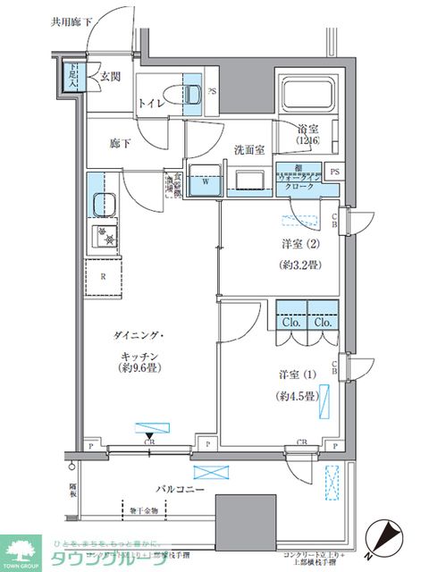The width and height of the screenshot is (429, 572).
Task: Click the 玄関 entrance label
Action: [111, 76]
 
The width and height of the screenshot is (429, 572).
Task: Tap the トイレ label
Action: [150, 102]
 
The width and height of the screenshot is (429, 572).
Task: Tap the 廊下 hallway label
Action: [121, 142]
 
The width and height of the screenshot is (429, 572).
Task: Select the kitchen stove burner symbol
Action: [105, 237]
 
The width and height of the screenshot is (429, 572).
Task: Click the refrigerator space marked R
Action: [105, 276]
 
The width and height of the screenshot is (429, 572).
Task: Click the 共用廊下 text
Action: [71, 19]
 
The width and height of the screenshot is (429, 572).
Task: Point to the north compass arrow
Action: [386, 534]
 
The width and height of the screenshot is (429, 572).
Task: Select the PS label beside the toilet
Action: [212, 91]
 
